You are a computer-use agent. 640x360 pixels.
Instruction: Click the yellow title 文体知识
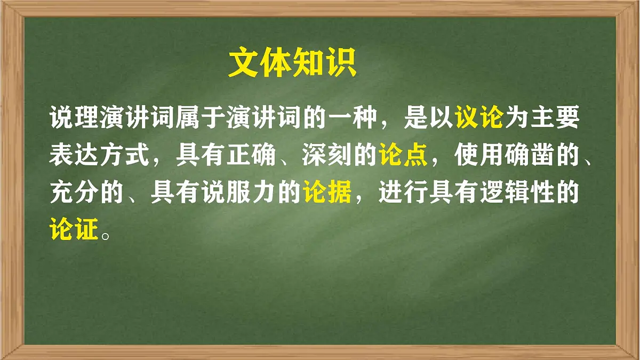tap(292, 64)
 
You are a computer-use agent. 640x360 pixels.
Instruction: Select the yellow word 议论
tap(479, 117)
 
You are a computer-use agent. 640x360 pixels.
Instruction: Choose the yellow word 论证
tap(75, 230)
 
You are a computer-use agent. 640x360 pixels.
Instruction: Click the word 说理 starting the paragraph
tap(75, 117)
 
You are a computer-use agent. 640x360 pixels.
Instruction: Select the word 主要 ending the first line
tap(555, 117)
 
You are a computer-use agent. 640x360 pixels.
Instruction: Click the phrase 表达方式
tap(100, 155)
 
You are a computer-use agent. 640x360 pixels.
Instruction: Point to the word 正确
tap(252, 155)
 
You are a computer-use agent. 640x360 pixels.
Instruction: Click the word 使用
tap(479, 155)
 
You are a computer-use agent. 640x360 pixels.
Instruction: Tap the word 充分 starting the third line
tap(75, 193)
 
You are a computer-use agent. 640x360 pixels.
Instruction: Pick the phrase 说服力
tap(252, 193)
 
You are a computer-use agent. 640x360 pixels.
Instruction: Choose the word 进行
tap(404, 193)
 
